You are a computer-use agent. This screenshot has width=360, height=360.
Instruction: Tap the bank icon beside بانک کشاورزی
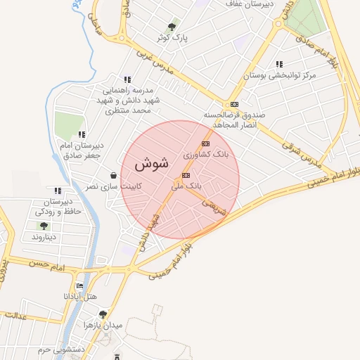coord(206,144)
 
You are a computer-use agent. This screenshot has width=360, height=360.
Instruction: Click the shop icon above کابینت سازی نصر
coord(113,176)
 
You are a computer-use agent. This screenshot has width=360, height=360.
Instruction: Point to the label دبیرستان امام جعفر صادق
coord(84,150)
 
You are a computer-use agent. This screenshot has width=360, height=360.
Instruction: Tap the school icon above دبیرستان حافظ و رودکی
coord(57,191)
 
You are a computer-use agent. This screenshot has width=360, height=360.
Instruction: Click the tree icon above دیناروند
coord(44,226)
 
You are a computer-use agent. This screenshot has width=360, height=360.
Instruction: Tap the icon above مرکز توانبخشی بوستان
coord(280,64)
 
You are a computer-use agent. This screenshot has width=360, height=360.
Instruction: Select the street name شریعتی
coord(214,206)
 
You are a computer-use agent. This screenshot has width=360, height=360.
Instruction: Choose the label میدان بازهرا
coord(103,326)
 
